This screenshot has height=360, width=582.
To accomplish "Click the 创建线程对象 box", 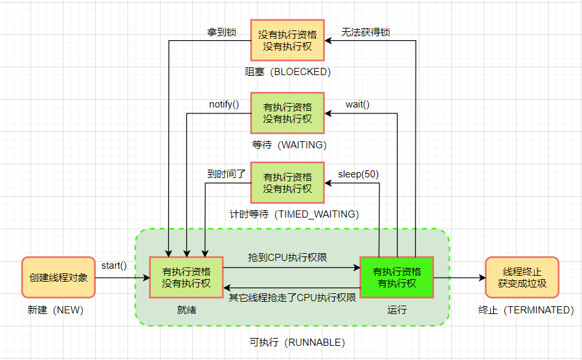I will pyautogui.click(x=58, y=277).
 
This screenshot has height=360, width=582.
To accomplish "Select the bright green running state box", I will pyautogui.click(x=396, y=277).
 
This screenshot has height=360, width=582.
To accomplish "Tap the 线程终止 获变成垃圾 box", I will pyautogui.click(x=522, y=277).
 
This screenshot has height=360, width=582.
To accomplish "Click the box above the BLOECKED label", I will pyautogui.click(x=287, y=39).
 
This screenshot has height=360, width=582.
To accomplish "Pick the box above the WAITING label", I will pyautogui.click(x=287, y=113).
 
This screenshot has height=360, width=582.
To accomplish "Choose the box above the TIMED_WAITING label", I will pyautogui.click(x=287, y=183).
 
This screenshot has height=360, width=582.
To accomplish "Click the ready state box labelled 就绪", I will pyautogui.click(x=186, y=277).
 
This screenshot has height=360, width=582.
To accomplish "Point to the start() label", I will pyautogui.click(x=114, y=265).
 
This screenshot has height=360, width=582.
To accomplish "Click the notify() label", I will pyautogui.click(x=224, y=104).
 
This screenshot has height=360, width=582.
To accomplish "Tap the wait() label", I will pyautogui.click(x=357, y=104).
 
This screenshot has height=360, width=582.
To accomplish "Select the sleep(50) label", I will pyautogui.click(x=359, y=174).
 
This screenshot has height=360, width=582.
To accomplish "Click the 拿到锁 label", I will pyautogui.click(x=222, y=31).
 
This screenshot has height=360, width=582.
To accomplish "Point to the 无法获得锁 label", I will pyautogui.click(x=366, y=31).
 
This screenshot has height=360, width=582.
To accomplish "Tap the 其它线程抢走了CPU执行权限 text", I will pyautogui.click(x=293, y=298).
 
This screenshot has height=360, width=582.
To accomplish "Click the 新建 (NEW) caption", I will pyautogui.click(x=56, y=310).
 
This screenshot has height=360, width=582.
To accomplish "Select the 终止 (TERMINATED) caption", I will pyautogui.click(x=522, y=310).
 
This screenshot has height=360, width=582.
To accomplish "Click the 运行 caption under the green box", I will pyautogui.click(x=397, y=310).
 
